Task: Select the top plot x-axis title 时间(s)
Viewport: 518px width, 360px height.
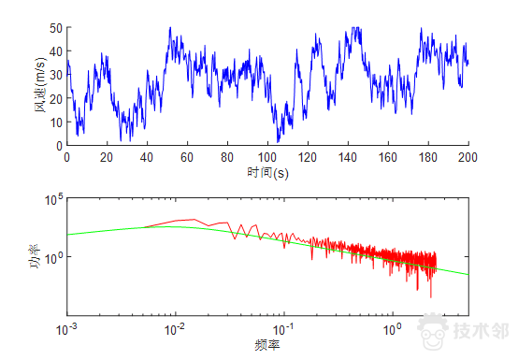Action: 267,173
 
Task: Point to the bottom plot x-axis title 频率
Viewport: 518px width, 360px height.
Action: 267,344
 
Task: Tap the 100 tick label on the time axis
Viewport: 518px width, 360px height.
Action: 267,157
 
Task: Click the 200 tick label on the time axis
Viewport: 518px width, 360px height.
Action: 468,157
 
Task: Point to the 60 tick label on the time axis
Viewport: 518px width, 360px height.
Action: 187,157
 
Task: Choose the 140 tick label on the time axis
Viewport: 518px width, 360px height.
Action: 348,157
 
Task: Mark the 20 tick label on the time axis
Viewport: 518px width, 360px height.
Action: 107,157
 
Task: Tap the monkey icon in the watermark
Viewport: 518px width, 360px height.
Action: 432,329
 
